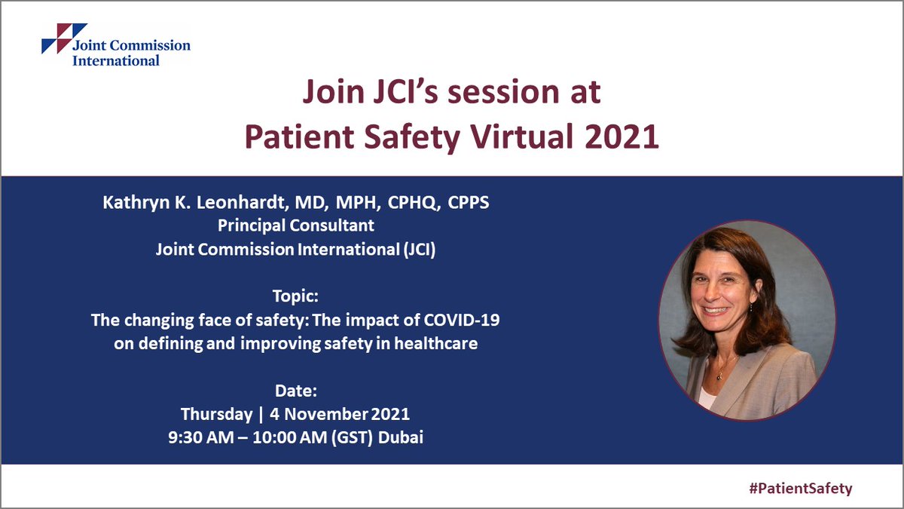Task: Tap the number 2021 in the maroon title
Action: point(625,137)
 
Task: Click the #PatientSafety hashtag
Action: point(800,488)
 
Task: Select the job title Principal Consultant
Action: point(295,226)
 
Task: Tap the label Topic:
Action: point(295,297)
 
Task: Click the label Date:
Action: point(295,391)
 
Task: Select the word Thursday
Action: point(217,415)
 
